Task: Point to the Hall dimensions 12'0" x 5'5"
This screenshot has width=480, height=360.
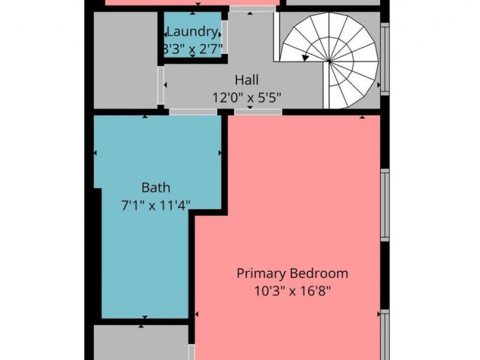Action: [247, 97]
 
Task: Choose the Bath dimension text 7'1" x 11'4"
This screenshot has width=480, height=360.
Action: [155, 206]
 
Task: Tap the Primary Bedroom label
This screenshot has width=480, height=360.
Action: [292, 274]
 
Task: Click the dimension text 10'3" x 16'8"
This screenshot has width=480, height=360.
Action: [292, 292]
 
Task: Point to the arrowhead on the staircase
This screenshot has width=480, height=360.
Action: [306, 58]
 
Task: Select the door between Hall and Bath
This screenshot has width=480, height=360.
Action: [184, 112]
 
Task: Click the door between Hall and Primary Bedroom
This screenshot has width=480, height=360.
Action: [258, 112]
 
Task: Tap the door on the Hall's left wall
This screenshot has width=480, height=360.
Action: [161, 84]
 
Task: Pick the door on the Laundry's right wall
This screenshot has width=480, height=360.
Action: [224, 37]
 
